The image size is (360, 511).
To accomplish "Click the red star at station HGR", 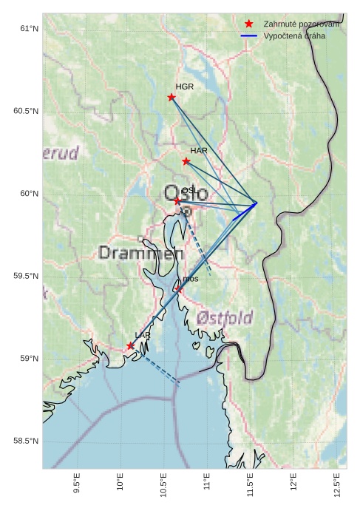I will pyautogui.click(x=171, y=98).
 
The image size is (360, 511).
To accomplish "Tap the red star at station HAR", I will pyautogui.click(x=186, y=161).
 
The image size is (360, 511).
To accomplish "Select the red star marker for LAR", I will pyautogui.click(x=130, y=346).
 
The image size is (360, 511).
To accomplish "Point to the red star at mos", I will pyautogui.click(x=178, y=289).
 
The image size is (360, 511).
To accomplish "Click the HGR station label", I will pyautogui.click(x=185, y=87).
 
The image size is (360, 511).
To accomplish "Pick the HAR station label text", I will pyautogui.click(x=199, y=151).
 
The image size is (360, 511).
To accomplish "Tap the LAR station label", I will pyautogui.click(x=143, y=336).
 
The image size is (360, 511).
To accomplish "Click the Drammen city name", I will pyautogui.click(x=140, y=254).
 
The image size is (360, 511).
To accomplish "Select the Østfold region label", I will pyautogui.click(x=225, y=319).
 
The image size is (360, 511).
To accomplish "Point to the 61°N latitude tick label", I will pyautogui.click(x=29, y=29).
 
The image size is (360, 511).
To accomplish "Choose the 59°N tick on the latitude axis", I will pyautogui.click(x=29, y=359).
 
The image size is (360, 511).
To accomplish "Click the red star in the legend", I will pyautogui.click(x=249, y=24).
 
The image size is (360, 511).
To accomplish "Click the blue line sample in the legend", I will pyautogui.click(x=249, y=35).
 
